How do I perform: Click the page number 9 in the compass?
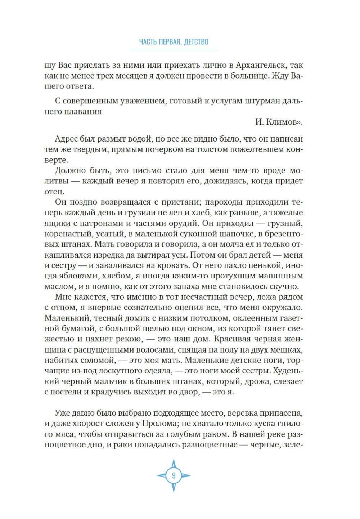(174, 475)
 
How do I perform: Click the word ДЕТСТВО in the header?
(196, 42)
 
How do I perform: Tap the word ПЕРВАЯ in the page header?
(168, 42)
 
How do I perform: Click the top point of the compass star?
(174, 460)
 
